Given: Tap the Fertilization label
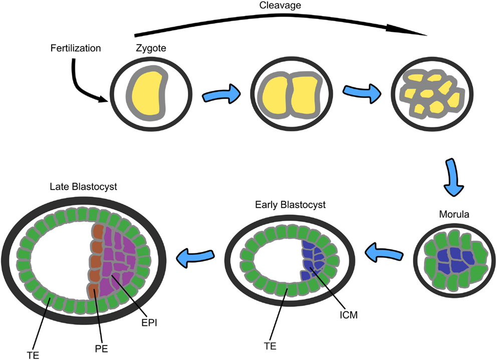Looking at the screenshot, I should pyautogui.click(x=76, y=49).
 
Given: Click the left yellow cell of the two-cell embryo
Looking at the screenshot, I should pyautogui.click(x=274, y=96).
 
